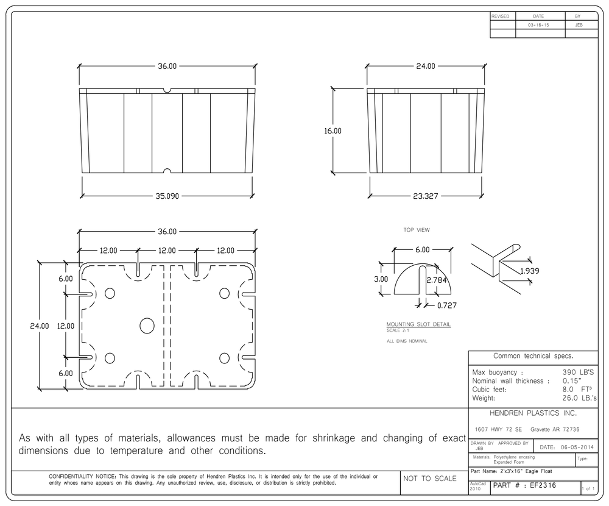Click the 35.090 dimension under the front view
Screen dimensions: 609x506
[x=167, y=196]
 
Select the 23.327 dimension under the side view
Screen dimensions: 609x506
[x=426, y=196]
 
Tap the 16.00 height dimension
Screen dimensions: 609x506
[x=333, y=131]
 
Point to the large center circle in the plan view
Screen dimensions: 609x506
[x=147, y=326]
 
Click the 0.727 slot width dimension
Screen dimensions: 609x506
[x=447, y=305]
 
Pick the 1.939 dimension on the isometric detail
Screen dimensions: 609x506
[x=530, y=271]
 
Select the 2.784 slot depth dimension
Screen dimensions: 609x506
[x=437, y=280]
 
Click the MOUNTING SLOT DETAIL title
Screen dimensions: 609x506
[x=419, y=324]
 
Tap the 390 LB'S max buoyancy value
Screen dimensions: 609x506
[x=579, y=372]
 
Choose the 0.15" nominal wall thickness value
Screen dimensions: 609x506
[x=572, y=381]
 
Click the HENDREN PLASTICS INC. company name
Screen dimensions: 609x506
[x=533, y=413]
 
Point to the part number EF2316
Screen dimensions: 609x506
[x=543, y=485]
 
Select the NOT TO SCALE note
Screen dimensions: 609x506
[x=430, y=479]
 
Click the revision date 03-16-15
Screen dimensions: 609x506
[x=538, y=25]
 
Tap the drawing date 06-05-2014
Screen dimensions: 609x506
[x=577, y=447]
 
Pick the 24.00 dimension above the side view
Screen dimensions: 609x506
[x=426, y=66]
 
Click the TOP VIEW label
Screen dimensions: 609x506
[x=417, y=230]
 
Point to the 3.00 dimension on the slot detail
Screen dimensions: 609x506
[x=381, y=279]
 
